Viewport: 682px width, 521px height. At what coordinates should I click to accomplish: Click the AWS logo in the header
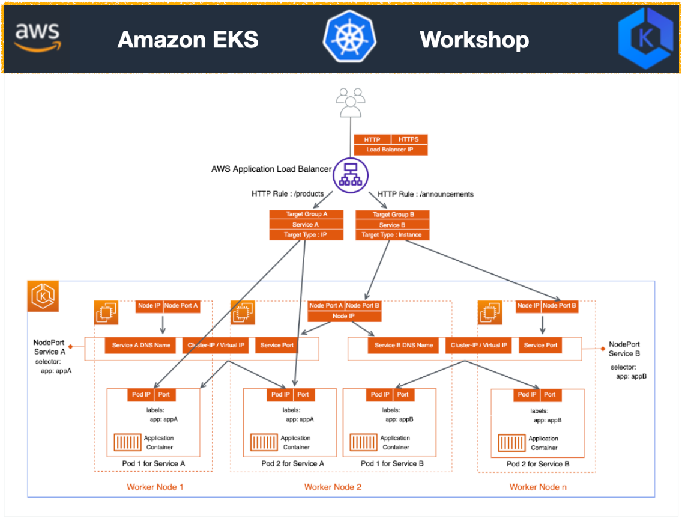pos(37,37)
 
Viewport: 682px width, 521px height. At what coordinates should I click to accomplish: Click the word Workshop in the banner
pos(474,40)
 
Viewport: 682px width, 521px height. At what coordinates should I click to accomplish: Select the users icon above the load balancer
pos(350,102)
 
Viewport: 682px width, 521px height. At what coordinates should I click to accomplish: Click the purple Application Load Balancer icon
pos(350,175)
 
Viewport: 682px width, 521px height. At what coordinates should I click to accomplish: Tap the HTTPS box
pos(409,139)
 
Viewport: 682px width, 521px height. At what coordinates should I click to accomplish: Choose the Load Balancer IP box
pos(391,150)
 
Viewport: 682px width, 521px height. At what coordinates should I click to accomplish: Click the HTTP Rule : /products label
pos(288,194)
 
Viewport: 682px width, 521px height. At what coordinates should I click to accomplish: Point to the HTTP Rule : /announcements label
pos(426,194)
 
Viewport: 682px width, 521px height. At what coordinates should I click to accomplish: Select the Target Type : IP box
pos(306,235)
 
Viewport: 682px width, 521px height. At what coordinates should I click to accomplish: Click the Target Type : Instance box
pos(393,235)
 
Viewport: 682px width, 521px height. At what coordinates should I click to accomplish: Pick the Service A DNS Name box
pos(141,345)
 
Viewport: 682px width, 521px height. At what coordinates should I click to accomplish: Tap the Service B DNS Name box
pos(403,345)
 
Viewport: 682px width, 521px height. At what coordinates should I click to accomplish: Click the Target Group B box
pos(393,215)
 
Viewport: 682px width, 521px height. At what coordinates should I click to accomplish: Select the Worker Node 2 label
pos(333,487)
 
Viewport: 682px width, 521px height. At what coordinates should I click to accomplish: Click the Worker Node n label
pos(537,487)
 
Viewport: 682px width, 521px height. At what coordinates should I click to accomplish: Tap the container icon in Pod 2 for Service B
pos(511,443)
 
